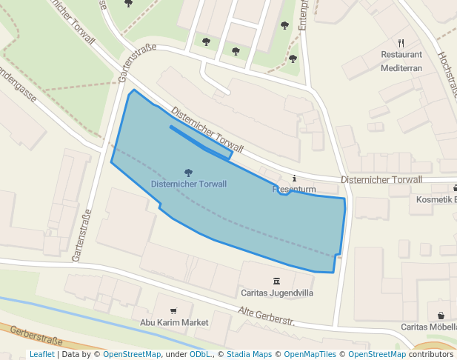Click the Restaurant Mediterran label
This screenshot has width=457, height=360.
[x=401, y=61]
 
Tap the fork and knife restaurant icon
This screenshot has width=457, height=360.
[x=401, y=43]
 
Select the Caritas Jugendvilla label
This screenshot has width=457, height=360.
[x=276, y=293]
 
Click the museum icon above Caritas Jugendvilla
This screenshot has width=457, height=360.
[x=276, y=281]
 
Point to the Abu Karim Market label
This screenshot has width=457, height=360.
[x=174, y=323]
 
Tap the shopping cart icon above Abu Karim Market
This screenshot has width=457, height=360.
[x=173, y=311]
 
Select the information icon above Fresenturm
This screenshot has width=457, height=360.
[x=294, y=179]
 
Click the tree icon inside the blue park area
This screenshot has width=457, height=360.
[x=188, y=173]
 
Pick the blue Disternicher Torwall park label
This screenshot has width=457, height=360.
[x=188, y=184]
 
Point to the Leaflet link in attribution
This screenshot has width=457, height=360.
[x=41, y=355]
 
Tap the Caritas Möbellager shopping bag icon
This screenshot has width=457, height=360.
[x=441, y=316]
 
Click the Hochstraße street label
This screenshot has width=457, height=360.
[x=447, y=74]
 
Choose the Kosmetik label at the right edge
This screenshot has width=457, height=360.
[x=436, y=200]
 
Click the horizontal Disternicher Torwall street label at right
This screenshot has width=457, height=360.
[x=381, y=180]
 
